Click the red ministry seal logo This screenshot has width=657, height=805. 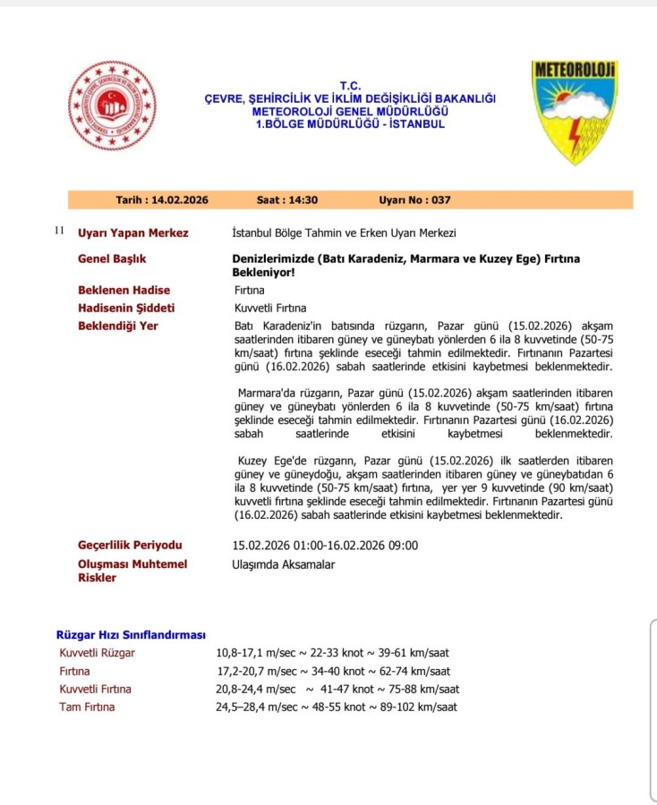tap(112, 106)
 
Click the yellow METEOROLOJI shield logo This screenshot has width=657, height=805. tap(575, 111)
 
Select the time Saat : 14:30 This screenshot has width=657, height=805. tap(287, 200)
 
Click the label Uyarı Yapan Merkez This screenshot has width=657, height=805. tap(133, 233)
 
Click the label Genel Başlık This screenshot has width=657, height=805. tap(112, 258)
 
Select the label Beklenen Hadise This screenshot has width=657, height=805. tap(124, 290)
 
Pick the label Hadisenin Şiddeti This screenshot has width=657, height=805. tap(126, 308)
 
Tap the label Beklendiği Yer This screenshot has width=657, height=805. tap(118, 326)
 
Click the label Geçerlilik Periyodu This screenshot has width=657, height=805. tap(131, 545)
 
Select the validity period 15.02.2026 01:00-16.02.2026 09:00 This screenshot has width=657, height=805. tap(325, 546)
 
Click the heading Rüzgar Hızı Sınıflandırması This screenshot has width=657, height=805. tap(131, 635)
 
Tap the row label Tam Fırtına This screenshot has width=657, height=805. tap(87, 707)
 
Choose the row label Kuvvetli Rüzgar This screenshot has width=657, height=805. tap(97, 653)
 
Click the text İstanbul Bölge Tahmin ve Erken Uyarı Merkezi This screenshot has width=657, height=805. tap(344, 233)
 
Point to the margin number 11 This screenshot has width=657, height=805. tap(59, 231)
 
